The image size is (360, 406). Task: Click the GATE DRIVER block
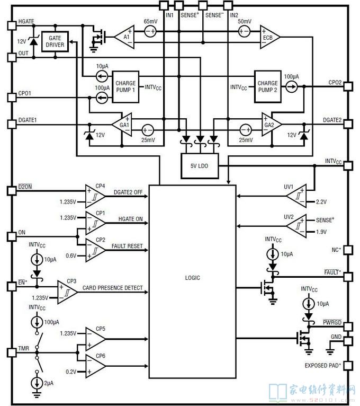(55, 41)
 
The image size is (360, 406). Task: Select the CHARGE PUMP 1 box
(125, 87)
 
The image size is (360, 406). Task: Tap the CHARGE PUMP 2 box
(268, 86)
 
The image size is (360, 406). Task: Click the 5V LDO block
(200, 166)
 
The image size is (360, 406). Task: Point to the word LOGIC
(192, 278)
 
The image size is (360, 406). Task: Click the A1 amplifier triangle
(124, 37)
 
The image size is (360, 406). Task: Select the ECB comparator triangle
(270, 37)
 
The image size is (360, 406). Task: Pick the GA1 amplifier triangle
(123, 125)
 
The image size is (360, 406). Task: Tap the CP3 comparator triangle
(67, 292)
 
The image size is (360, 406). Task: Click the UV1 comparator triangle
(297, 196)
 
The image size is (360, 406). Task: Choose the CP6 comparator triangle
(95, 366)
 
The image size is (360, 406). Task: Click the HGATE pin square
(12, 25)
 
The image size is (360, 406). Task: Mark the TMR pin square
(12, 352)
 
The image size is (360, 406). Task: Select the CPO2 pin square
(348, 86)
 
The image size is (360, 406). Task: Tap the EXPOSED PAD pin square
(348, 366)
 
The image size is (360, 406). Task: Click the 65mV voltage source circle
(150, 32)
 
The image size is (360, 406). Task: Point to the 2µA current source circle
(37, 383)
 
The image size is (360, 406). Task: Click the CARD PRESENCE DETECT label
(112, 288)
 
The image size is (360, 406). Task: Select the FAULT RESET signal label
(127, 246)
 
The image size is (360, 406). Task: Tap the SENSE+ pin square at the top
(179, 5)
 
